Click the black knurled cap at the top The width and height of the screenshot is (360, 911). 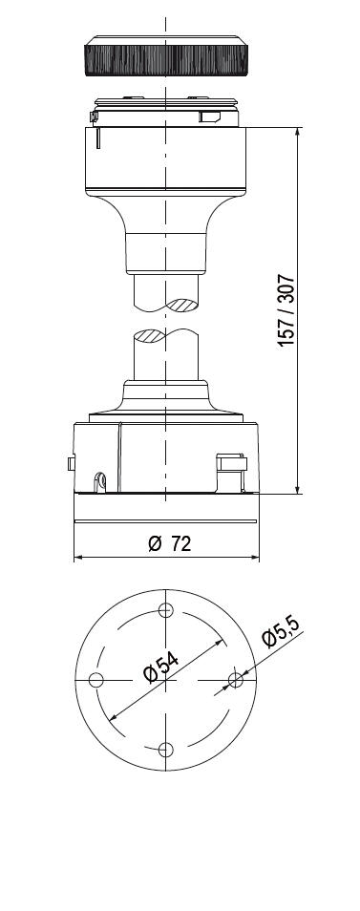(x=166, y=55)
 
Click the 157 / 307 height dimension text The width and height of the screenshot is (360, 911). (x=286, y=310)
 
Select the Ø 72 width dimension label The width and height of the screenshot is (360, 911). (x=170, y=543)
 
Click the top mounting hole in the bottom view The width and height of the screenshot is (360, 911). (x=166, y=610)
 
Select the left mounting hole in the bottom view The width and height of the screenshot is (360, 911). (x=96, y=679)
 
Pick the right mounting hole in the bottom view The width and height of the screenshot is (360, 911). (x=235, y=679)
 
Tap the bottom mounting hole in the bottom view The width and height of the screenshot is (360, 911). (x=166, y=749)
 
